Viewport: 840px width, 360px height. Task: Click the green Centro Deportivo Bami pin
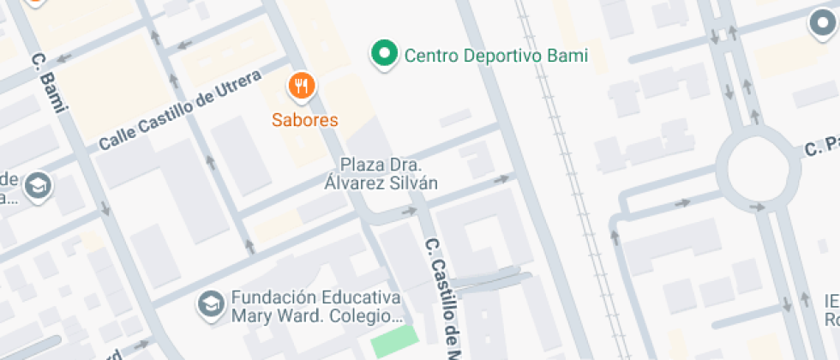point(385,55)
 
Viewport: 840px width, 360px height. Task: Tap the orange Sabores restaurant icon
point(302,86)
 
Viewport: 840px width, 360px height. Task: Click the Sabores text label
point(305,120)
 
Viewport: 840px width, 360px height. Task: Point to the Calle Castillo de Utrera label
point(179,112)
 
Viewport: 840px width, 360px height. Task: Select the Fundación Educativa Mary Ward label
point(315,306)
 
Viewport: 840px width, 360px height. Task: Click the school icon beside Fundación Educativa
point(208,303)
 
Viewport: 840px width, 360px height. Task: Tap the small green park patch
point(398,345)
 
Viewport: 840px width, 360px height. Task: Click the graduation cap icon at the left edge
point(38,186)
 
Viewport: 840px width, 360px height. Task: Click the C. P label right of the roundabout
point(820,147)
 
